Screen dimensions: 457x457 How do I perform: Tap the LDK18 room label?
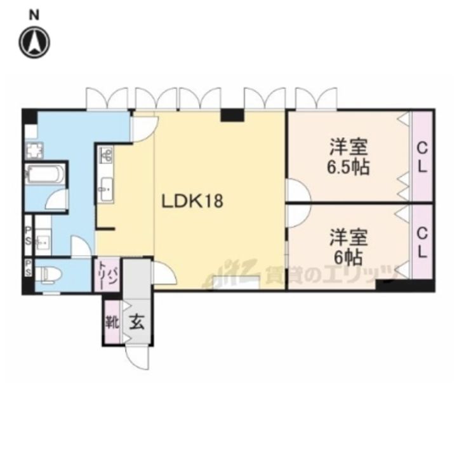pos(191,202)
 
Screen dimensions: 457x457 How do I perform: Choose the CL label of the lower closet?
pos(422,242)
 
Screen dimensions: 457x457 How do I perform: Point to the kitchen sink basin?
pos(107,187)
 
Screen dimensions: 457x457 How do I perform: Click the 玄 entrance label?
pos(136,321)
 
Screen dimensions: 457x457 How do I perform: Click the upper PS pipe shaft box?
pos(29,232)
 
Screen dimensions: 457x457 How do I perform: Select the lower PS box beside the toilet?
pos(29,268)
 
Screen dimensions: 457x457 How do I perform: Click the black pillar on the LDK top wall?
pos(232,115)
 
